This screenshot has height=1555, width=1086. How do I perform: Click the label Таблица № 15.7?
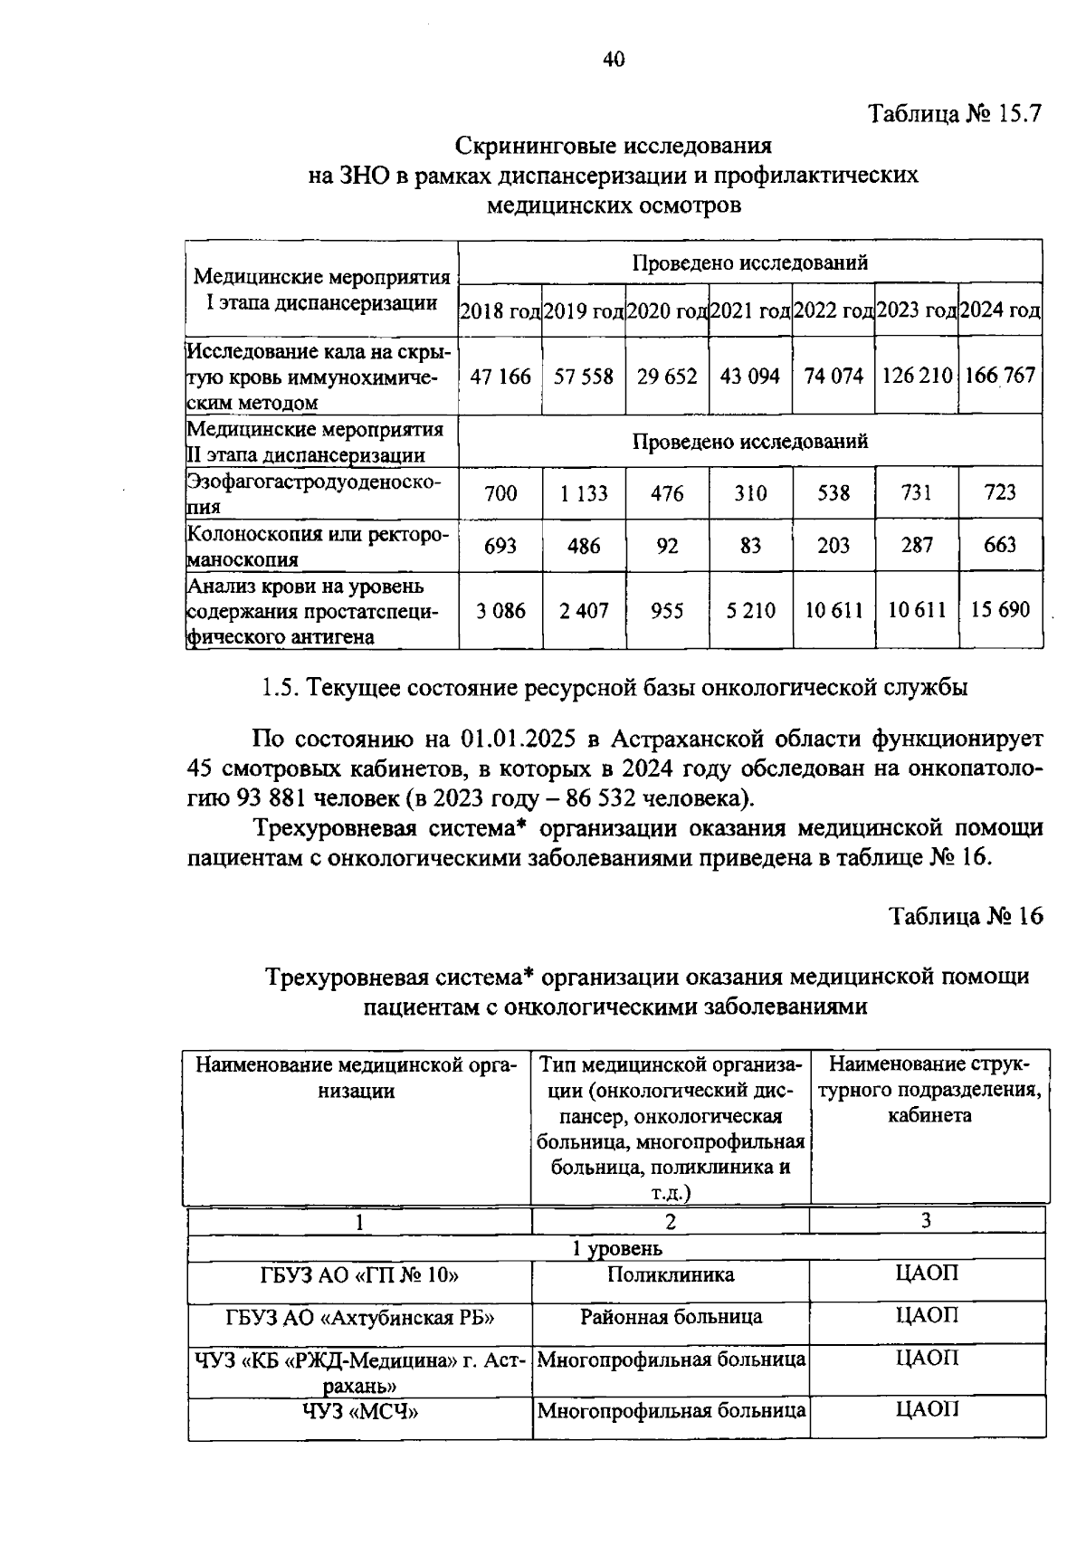click(956, 115)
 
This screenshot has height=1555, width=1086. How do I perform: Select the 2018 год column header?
click(500, 311)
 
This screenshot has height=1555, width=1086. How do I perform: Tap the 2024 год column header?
click(1000, 311)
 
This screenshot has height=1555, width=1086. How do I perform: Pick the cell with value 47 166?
click(500, 376)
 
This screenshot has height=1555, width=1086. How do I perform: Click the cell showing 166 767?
click(1000, 376)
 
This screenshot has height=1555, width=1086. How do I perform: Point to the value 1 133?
click(584, 493)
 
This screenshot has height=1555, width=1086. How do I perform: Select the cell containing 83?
click(750, 546)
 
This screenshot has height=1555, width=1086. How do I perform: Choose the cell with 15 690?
click(1000, 610)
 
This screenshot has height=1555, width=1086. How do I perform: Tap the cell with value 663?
click(1000, 545)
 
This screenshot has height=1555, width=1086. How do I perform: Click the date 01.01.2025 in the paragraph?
click(519, 739)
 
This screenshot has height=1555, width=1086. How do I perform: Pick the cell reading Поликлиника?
click(671, 1275)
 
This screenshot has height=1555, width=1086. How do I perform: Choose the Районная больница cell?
click(671, 1317)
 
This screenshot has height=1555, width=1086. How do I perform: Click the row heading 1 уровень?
click(616, 1249)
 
